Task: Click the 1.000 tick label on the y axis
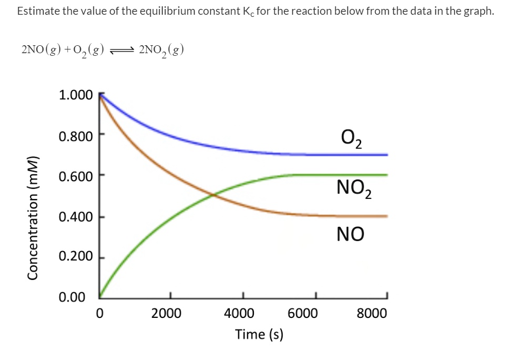(x=76, y=95)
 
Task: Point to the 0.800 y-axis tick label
(x=76, y=136)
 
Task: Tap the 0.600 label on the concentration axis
(x=76, y=176)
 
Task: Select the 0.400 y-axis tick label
(x=76, y=217)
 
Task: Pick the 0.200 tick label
(x=76, y=257)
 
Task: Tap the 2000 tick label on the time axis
(x=166, y=314)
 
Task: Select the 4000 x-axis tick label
(x=239, y=314)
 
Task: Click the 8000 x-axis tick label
(x=371, y=314)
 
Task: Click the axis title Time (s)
(x=259, y=334)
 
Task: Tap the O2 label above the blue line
(x=351, y=139)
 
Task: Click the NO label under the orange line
(x=350, y=234)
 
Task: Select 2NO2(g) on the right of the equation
(x=161, y=51)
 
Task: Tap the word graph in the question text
(x=477, y=12)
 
